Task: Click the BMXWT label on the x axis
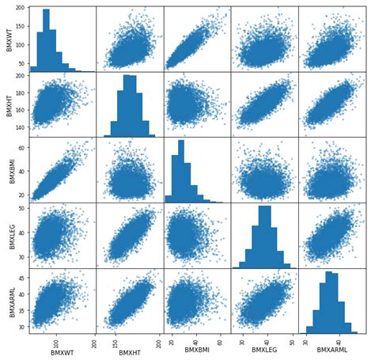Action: click(x=62, y=353)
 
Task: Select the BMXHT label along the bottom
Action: click(x=130, y=353)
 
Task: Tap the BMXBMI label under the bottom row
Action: click(x=197, y=353)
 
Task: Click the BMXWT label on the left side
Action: click(x=8, y=39)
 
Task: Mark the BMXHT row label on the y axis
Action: click(x=8, y=104)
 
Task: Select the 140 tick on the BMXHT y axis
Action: click(x=19, y=127)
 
